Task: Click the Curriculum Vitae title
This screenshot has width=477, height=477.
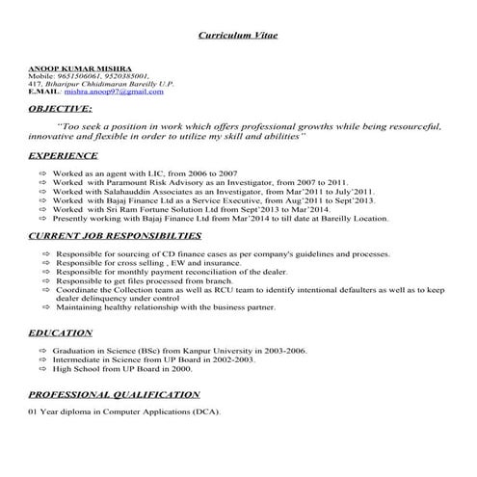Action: coord(237,34)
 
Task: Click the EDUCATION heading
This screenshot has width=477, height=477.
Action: coord(60,331)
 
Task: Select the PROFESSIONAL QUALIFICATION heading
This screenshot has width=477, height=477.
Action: coord(114,395)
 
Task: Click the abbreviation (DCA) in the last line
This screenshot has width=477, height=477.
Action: coord(205,412)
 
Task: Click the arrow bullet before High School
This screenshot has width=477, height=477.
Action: coord(43,368)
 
